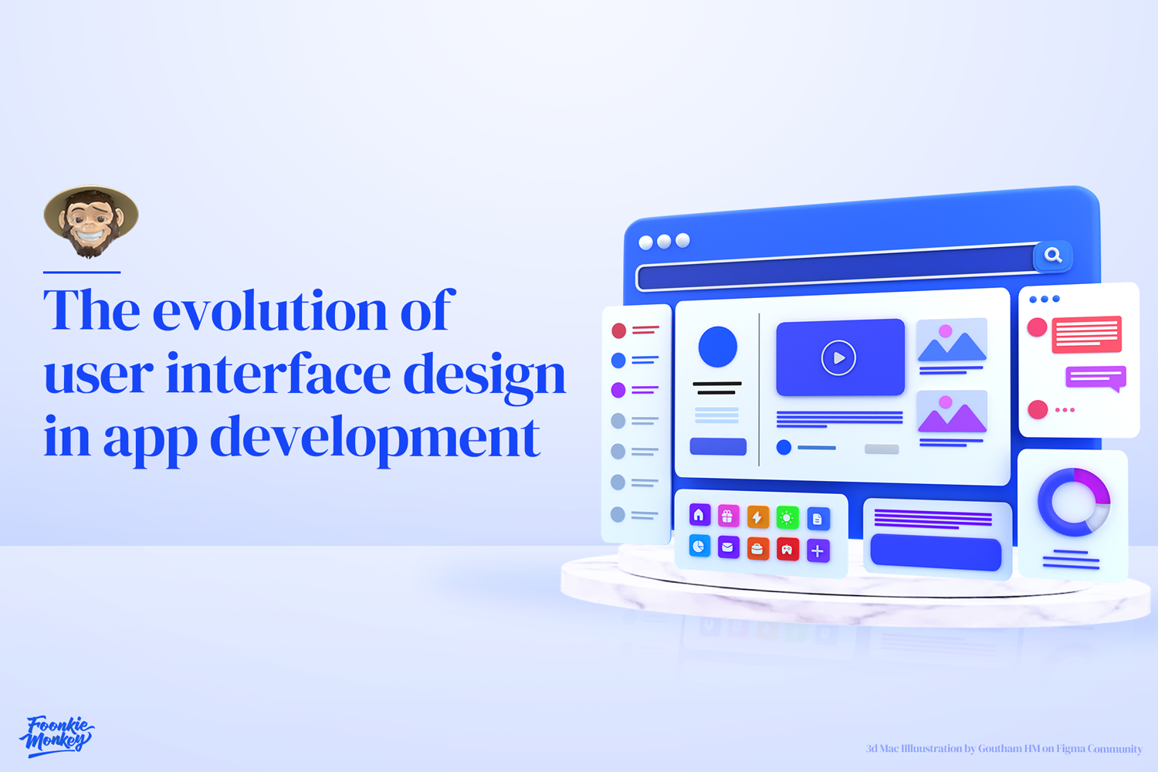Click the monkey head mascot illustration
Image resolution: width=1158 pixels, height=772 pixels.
pyautogui.click(x=91, y=221)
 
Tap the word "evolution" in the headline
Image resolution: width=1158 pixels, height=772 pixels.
pyautogui.click(x=270, y=311)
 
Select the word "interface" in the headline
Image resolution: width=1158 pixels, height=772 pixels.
pyautogui.click(x=279, y=374)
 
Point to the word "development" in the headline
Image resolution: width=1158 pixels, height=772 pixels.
pyautogui.click(x=375, y=438)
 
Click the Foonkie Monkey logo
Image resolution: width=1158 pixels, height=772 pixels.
pyautogui.click(x=56, y=735)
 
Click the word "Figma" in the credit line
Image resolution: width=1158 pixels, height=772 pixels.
pyautogui.click(x=1071, y=748)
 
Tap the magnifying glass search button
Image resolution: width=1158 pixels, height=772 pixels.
pyautogui.click(x=1053, y=255)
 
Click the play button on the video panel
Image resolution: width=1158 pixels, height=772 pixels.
pyautogui.click(x=838, y=358)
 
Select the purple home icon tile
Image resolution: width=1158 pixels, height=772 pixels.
pyautogui.click(x=699, y=514)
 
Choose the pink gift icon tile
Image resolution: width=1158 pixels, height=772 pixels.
pyautogui.click(x=728, y=516)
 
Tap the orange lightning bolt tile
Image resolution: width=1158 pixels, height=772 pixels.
pyautogui.click(x=757, y=517)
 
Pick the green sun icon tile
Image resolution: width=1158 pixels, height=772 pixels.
pyautogui.click(x=787, y=518)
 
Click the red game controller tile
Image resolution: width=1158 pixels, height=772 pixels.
pyautogui.click(x=787, y=550)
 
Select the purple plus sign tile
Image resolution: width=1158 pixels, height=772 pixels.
pyautogui.click(x=818, y=550)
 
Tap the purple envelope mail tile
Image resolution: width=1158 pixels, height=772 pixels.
pyautogui.click(x=727, y=547)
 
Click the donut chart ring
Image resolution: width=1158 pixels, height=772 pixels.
pyautogui.click(x=1073, y=502)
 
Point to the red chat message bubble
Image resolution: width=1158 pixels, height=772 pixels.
pyautogui.click(x=1086, y=334)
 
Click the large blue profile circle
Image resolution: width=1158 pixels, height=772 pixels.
pyautogui.click(x=717, y=347)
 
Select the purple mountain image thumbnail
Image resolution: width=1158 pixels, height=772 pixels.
pyautogui.click(x=952, y=411)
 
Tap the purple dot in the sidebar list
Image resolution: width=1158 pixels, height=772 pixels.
pyautogui.click(x=618, y=390)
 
